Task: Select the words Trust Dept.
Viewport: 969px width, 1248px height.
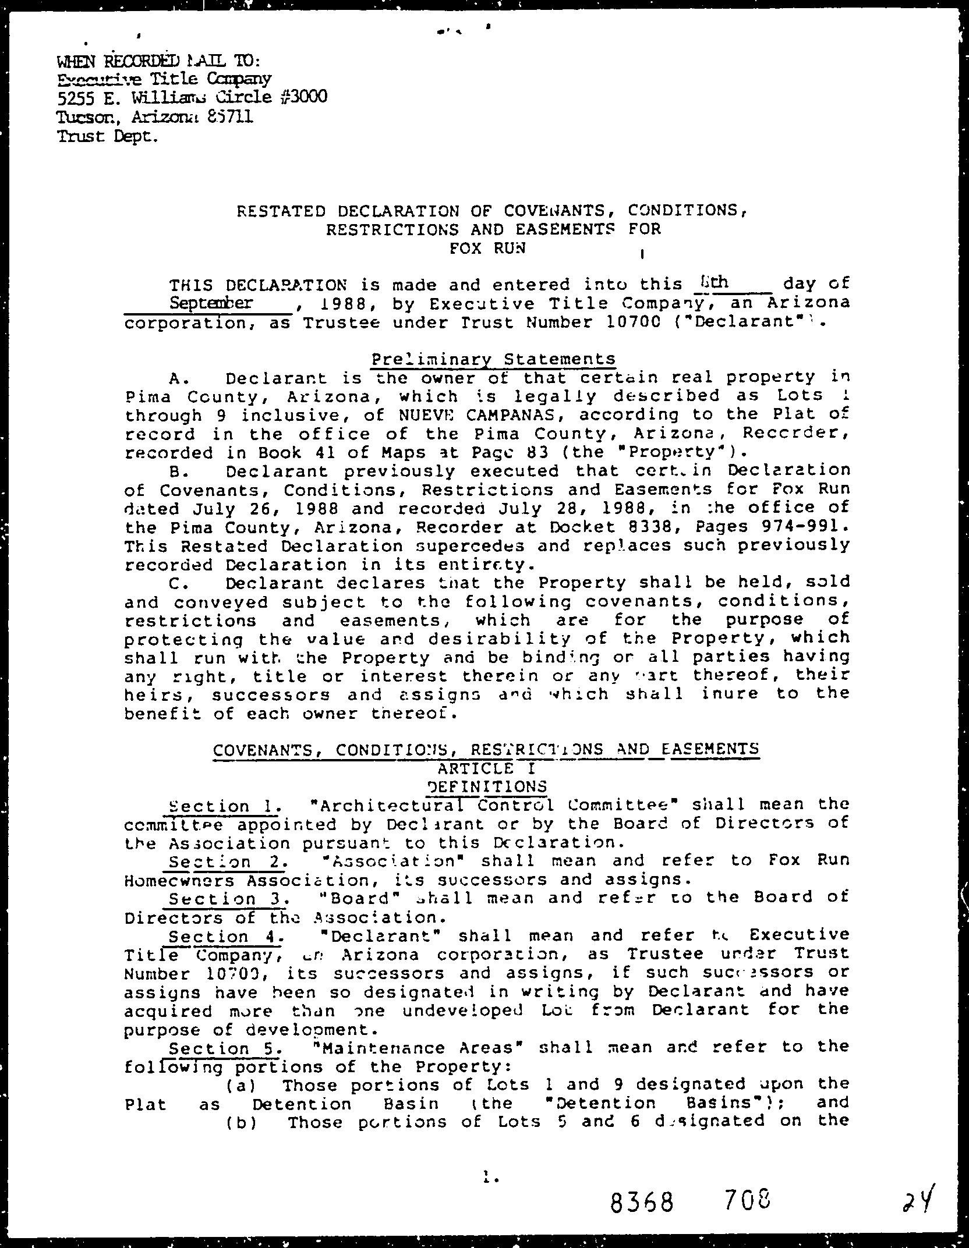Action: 107,137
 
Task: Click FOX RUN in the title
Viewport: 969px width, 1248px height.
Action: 488,248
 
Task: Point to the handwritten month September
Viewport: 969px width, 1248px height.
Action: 211,303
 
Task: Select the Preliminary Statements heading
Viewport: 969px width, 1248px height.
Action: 493,359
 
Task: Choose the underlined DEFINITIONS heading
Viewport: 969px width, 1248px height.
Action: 487,787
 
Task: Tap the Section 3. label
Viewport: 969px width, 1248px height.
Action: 227,899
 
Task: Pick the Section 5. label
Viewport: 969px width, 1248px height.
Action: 225,1048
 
